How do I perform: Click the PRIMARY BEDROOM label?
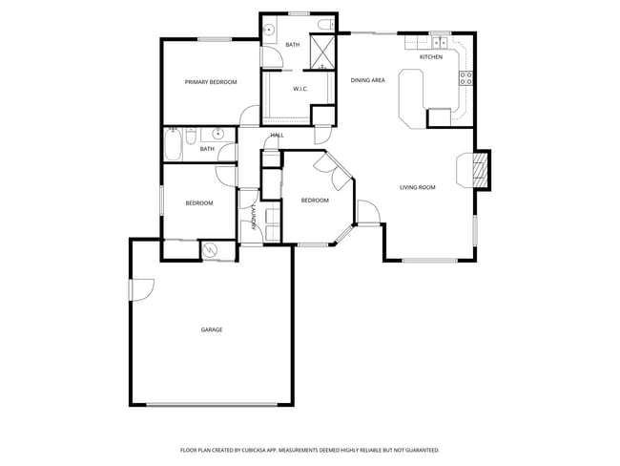211,82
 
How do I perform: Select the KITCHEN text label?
431,57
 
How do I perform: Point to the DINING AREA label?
367,80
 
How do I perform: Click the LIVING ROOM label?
417,187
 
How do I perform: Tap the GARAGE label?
211,330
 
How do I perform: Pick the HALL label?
278,136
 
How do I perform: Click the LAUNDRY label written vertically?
253,219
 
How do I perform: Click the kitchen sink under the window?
440,43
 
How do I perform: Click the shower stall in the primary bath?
322,53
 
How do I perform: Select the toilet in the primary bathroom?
324,25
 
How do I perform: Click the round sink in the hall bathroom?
218,134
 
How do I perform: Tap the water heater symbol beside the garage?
210,250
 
